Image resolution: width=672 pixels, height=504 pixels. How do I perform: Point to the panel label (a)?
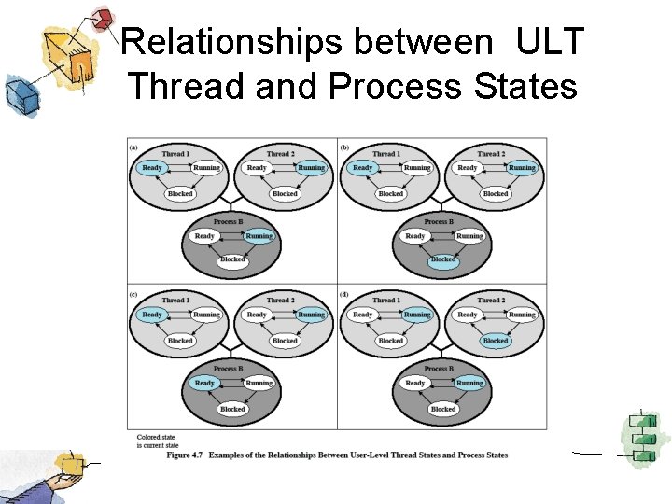133,147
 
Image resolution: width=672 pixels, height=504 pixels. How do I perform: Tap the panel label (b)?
344,147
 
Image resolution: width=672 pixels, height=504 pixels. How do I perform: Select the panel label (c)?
133,294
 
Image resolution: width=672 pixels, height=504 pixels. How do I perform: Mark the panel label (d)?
344,294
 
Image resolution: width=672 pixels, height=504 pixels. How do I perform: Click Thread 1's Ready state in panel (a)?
152,168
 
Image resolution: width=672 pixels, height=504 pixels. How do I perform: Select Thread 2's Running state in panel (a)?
311,168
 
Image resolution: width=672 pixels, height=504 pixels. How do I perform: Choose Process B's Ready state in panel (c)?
204,383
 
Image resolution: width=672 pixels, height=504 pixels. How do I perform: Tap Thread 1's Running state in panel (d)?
417,315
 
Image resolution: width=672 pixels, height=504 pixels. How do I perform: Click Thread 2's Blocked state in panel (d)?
496,341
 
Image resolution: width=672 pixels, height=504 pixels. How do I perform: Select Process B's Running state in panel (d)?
469,383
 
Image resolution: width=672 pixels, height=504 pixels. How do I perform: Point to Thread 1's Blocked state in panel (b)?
391,194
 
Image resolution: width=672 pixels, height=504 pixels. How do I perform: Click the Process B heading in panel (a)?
230,222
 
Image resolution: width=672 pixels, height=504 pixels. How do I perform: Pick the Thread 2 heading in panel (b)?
490,153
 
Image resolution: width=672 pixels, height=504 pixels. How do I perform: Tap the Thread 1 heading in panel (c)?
175,301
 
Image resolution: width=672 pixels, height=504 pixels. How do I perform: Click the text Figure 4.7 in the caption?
185,455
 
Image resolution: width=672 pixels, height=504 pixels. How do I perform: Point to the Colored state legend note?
156,441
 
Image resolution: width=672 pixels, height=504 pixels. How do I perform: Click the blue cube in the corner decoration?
18,93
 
